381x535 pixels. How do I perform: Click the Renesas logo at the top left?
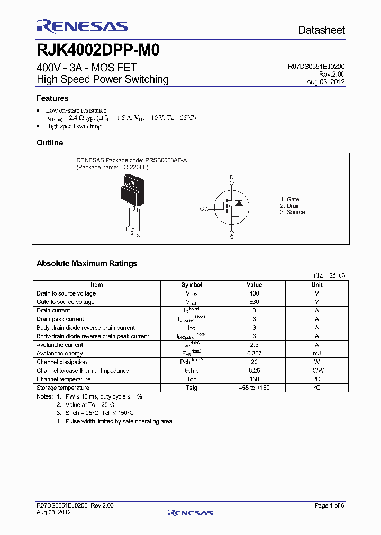[x=82, y=26]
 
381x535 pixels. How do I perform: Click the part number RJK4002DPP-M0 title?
[x=98, y=50]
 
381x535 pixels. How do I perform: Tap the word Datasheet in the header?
[x=321, y=30]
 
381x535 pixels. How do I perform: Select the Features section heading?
[x=52, y=98]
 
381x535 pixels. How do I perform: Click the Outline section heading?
[x=50, y=143]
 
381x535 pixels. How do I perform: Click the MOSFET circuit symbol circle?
[x=231, y=207]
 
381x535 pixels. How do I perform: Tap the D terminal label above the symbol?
[x=231, y=177]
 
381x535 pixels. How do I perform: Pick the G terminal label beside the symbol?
[x=202, y=209]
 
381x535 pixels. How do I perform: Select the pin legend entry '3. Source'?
[x=293, y=212]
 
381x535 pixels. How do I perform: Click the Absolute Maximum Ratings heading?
[x=87, y=263]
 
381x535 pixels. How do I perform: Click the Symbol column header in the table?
[x=192, y=284]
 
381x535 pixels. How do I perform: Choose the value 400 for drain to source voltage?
[x=254, y=293]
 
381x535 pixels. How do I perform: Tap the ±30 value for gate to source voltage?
[x=254, y=302]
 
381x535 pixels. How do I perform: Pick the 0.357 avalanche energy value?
[x=254, y=353]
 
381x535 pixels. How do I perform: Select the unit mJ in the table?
[x=317, y=353]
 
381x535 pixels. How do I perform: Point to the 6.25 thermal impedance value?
[x=254, y=371]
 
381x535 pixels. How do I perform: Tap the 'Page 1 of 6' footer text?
[x=330, y=505]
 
